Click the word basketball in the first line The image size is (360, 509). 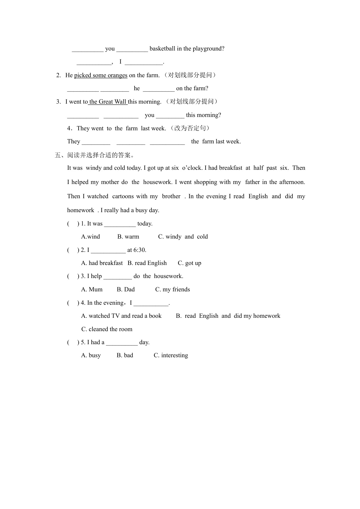click(162, 49)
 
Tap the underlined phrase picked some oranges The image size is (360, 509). click(101, 75)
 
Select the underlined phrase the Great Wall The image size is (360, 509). click(108, 102)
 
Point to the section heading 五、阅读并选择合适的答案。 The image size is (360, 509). click(95, 155)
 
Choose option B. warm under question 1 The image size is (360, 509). click(128, 237)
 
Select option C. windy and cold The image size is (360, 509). click(183, 237)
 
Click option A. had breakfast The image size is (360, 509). click(102, 263)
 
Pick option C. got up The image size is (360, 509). click(189, 263)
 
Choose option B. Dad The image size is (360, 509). click(126, 290)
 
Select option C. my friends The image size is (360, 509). click(173, 290)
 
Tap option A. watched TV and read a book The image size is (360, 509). click(121, 316)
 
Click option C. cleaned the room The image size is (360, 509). click(107, 329)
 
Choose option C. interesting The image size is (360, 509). click(171, 355)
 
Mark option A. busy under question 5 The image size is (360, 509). click(91, 355)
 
